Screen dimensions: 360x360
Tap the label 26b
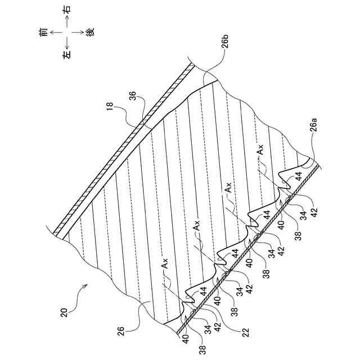223,42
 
